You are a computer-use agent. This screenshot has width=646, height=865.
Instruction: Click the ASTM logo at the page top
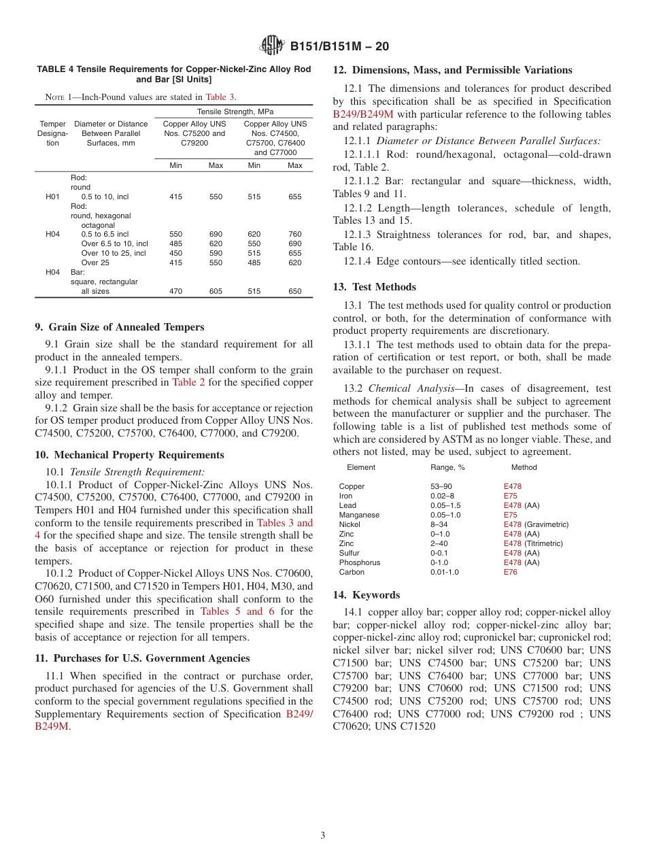point(272,46)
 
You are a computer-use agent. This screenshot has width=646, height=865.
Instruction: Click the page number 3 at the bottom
point(323,835)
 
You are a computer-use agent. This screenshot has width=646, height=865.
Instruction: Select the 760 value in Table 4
point(294,234)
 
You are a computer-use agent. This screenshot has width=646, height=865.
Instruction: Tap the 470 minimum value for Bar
point(175,291)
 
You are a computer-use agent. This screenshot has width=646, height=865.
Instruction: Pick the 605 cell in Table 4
point(216,291)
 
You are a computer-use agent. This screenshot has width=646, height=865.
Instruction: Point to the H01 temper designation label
point(52,197)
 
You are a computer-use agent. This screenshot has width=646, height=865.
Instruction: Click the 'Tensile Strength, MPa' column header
point(235,112)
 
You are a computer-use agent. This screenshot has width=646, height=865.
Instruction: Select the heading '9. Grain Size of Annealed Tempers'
point(119,326)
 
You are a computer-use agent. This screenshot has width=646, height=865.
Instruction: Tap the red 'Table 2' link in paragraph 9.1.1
point(184,382)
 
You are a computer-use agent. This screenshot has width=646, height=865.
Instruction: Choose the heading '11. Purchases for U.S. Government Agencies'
point(142,658)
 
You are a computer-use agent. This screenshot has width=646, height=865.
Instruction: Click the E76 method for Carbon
point(510,572)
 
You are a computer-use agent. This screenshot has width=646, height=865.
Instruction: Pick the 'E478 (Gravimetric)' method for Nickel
point(536,524)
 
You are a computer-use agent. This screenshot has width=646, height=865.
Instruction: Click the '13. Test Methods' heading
point(374,287)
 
